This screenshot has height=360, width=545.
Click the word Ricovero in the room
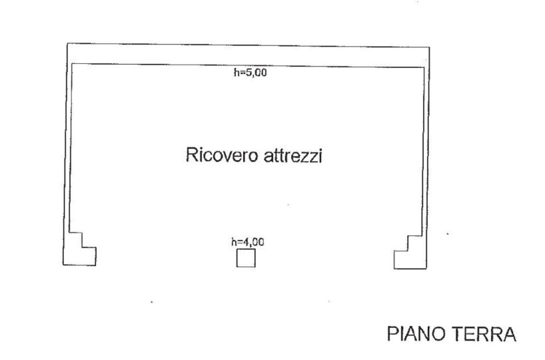[222, 155]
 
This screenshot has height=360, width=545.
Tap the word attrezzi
[292, 155]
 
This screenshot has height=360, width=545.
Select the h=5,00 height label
[251, 73]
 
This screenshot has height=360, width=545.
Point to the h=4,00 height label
[248, 242]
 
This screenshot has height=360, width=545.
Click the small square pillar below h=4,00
[246, 258]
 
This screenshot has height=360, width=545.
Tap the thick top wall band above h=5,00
[248, 55]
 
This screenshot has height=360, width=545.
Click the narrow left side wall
[67, 146]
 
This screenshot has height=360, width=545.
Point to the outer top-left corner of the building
[67, 43]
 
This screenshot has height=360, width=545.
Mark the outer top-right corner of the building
[430, 47]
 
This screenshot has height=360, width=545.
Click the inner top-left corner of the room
[71, 63]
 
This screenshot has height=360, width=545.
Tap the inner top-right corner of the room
[424, 67]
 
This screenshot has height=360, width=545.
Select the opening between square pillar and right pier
[324, 259]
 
